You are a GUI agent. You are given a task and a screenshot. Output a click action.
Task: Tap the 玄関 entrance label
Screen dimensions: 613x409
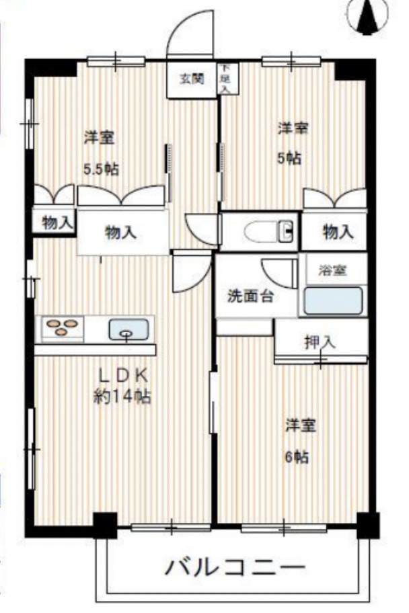[x=191, y=79]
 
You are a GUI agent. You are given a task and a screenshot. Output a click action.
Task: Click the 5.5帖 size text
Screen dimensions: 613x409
[x=100, y=169]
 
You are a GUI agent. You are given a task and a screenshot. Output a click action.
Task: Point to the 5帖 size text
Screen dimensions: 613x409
[x=290, y=159]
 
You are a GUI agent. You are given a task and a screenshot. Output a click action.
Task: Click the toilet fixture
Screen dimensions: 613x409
[x=269, y=232]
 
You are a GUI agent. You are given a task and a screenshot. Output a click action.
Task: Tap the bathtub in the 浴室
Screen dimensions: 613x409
[x=334, y=300]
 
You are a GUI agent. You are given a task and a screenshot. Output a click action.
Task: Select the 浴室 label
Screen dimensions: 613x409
[x=334, y=271]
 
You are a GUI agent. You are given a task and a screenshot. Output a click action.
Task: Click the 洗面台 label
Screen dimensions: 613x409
[x=250, y=296]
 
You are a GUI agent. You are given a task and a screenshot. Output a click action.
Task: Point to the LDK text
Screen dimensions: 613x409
[x=122, y=374]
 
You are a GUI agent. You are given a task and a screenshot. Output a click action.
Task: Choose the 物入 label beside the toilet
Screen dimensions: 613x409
[x=338, y=233]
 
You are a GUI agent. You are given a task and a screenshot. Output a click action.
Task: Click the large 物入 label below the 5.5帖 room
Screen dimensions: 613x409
[x=121, y=233]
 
